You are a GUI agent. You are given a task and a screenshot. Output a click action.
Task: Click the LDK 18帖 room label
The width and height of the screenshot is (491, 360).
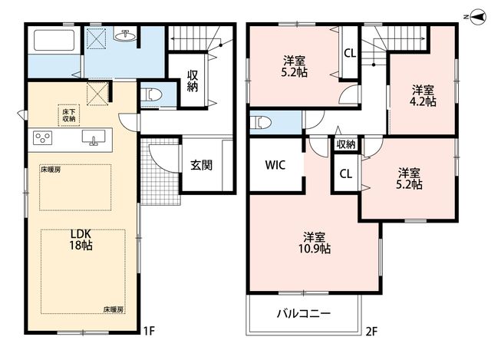click(81, 239)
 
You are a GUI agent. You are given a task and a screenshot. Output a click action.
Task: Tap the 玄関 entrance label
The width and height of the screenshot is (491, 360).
click(201, 165)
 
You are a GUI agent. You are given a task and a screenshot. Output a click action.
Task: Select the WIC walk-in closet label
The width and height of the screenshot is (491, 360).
click(275, 165)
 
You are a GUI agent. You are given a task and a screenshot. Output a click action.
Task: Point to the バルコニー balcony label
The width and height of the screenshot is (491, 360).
click(304, 313)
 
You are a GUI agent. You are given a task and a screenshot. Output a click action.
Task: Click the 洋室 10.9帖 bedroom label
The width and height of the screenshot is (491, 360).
click(314, 243)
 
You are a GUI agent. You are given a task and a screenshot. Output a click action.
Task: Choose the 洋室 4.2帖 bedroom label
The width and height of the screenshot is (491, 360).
click(423, 95)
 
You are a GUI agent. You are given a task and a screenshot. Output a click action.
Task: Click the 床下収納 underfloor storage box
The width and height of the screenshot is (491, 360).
click(68, 115)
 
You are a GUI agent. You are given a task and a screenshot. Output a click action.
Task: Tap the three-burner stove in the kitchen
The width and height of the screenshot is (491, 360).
click(43, 138)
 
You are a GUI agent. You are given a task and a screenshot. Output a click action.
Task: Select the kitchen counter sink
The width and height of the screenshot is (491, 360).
click(94, 138)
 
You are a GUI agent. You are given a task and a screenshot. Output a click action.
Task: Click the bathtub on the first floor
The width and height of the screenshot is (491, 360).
click(54, 40)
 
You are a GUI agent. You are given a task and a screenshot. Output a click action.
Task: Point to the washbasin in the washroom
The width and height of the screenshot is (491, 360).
click(126, 35)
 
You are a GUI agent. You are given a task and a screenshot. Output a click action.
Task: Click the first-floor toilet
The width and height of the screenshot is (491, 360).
click(151, 94)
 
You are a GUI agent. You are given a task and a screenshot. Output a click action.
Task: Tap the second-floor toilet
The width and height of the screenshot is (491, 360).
click(261, 123)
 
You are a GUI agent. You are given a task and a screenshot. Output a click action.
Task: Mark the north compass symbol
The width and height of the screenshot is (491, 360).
click(476, 17)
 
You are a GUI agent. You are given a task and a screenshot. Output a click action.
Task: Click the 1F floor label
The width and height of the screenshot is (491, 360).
click(149, 331)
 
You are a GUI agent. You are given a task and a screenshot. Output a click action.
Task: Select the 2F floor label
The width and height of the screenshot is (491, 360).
click(371, 331)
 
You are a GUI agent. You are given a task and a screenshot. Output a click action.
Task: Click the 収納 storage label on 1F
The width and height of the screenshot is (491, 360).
click(193, 81)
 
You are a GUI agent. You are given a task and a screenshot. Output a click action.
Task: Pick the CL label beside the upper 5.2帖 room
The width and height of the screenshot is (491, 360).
click(350, 53)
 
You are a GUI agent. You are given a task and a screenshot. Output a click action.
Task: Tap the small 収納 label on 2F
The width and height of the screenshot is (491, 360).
click(346, 144)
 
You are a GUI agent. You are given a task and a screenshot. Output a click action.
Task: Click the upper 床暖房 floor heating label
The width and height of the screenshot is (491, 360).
click(51, 170)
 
